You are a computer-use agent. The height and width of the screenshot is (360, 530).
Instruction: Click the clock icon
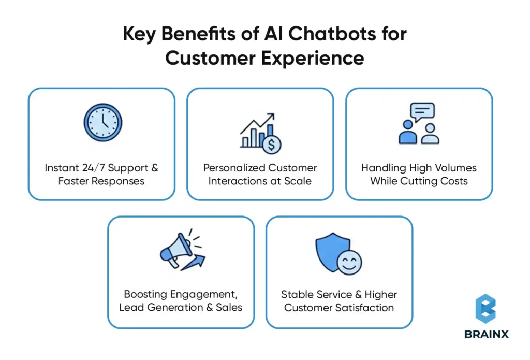(x=102, y=123)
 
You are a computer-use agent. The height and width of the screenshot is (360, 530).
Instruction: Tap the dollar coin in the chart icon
(x=271, y=145)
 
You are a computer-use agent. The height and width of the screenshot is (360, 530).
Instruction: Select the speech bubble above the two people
(x=422, y=112)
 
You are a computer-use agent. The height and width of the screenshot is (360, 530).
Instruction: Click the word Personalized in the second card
(x=234, y=168)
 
